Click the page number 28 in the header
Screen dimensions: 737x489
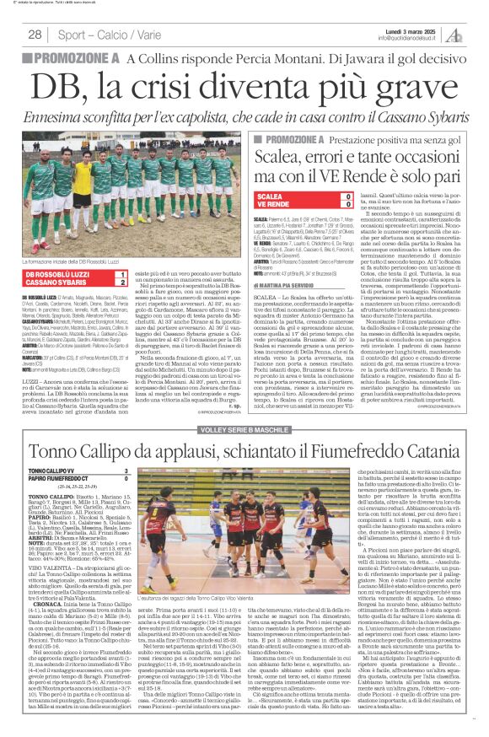(x=35, y=34)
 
